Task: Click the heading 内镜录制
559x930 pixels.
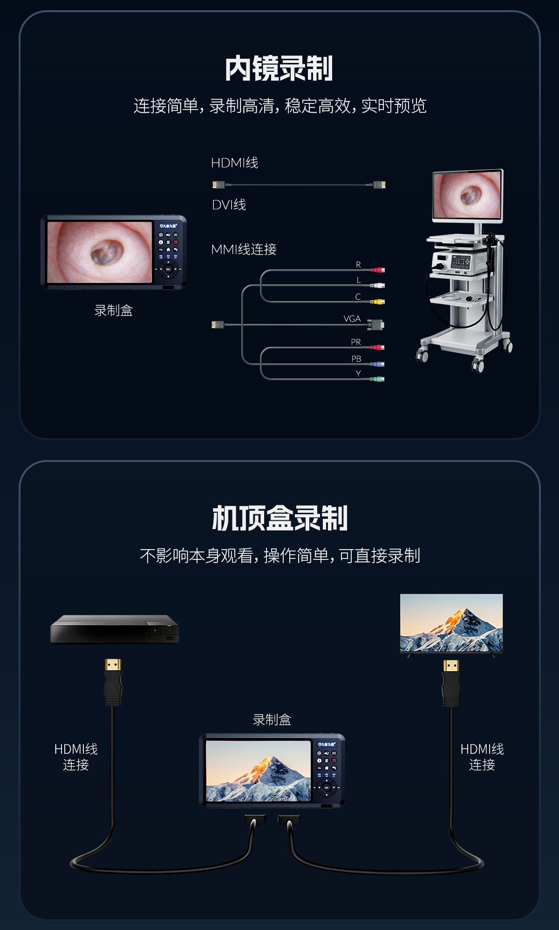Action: [279, 69]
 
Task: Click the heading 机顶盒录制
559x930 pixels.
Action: [279, 518]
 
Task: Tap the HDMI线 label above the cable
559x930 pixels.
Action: [234, 163]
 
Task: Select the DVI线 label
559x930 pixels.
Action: [229, 205]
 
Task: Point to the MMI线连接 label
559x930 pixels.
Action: [244, 249]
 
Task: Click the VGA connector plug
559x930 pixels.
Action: [375, 324]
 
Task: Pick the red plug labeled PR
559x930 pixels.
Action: [377, 347]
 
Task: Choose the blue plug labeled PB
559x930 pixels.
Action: [377, 364]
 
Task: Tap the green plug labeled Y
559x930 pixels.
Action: [377, 379]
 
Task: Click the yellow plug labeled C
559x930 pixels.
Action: [377, 302]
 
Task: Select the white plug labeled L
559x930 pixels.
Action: [377, 285]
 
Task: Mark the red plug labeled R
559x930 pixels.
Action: [377, 270]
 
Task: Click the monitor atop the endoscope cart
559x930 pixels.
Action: [468, 196]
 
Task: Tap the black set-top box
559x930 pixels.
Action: [115, 629]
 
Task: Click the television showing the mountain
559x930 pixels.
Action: [451, 624]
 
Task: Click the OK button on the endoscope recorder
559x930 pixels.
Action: [168, 269]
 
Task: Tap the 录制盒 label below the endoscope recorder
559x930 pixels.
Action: [114, 310]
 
